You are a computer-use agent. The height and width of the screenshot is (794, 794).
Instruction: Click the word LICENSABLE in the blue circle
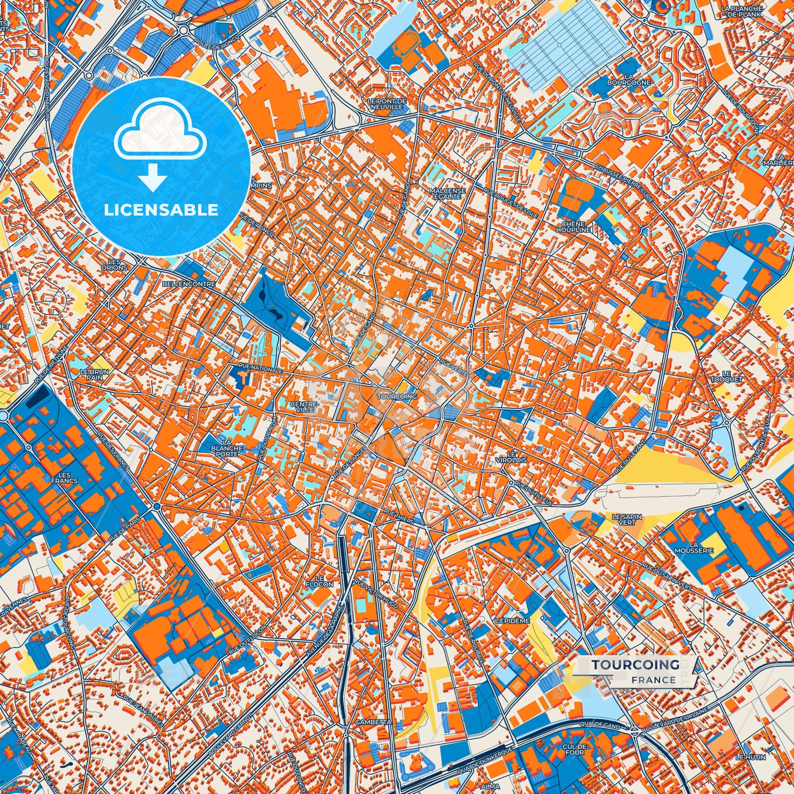[161, 210]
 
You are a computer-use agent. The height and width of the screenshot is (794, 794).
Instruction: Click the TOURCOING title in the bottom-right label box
[635, 665]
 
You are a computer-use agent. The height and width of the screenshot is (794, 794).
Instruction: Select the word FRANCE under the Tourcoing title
[653, 680]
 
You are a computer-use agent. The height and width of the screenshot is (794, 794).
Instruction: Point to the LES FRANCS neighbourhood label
[64, 477]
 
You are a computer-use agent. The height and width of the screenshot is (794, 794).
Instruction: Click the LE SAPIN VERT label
[623, 520]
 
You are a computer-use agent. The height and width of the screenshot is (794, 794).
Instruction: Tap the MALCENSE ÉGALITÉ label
[447, 194]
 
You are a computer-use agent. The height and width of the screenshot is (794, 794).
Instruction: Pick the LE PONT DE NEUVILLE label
[387, 104]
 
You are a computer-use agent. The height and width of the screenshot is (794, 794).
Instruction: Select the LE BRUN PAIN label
[94, 375]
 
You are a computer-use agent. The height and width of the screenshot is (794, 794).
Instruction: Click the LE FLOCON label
[320, 581]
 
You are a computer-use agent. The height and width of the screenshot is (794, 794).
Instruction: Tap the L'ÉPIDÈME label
[511, 620]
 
